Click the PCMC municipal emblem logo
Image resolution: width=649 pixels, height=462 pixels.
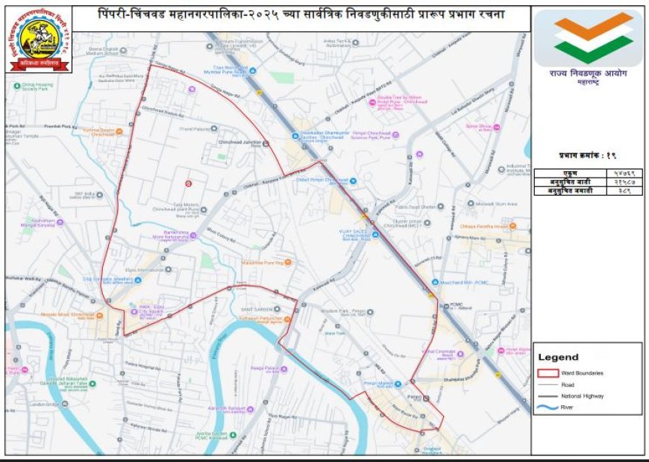tap(40, 40)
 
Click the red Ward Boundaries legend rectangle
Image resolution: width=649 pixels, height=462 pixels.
tap(548, 372)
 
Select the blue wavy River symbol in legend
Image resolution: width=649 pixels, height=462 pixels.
tap(548, 408)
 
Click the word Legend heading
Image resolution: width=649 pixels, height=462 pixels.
tap(558, 358)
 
